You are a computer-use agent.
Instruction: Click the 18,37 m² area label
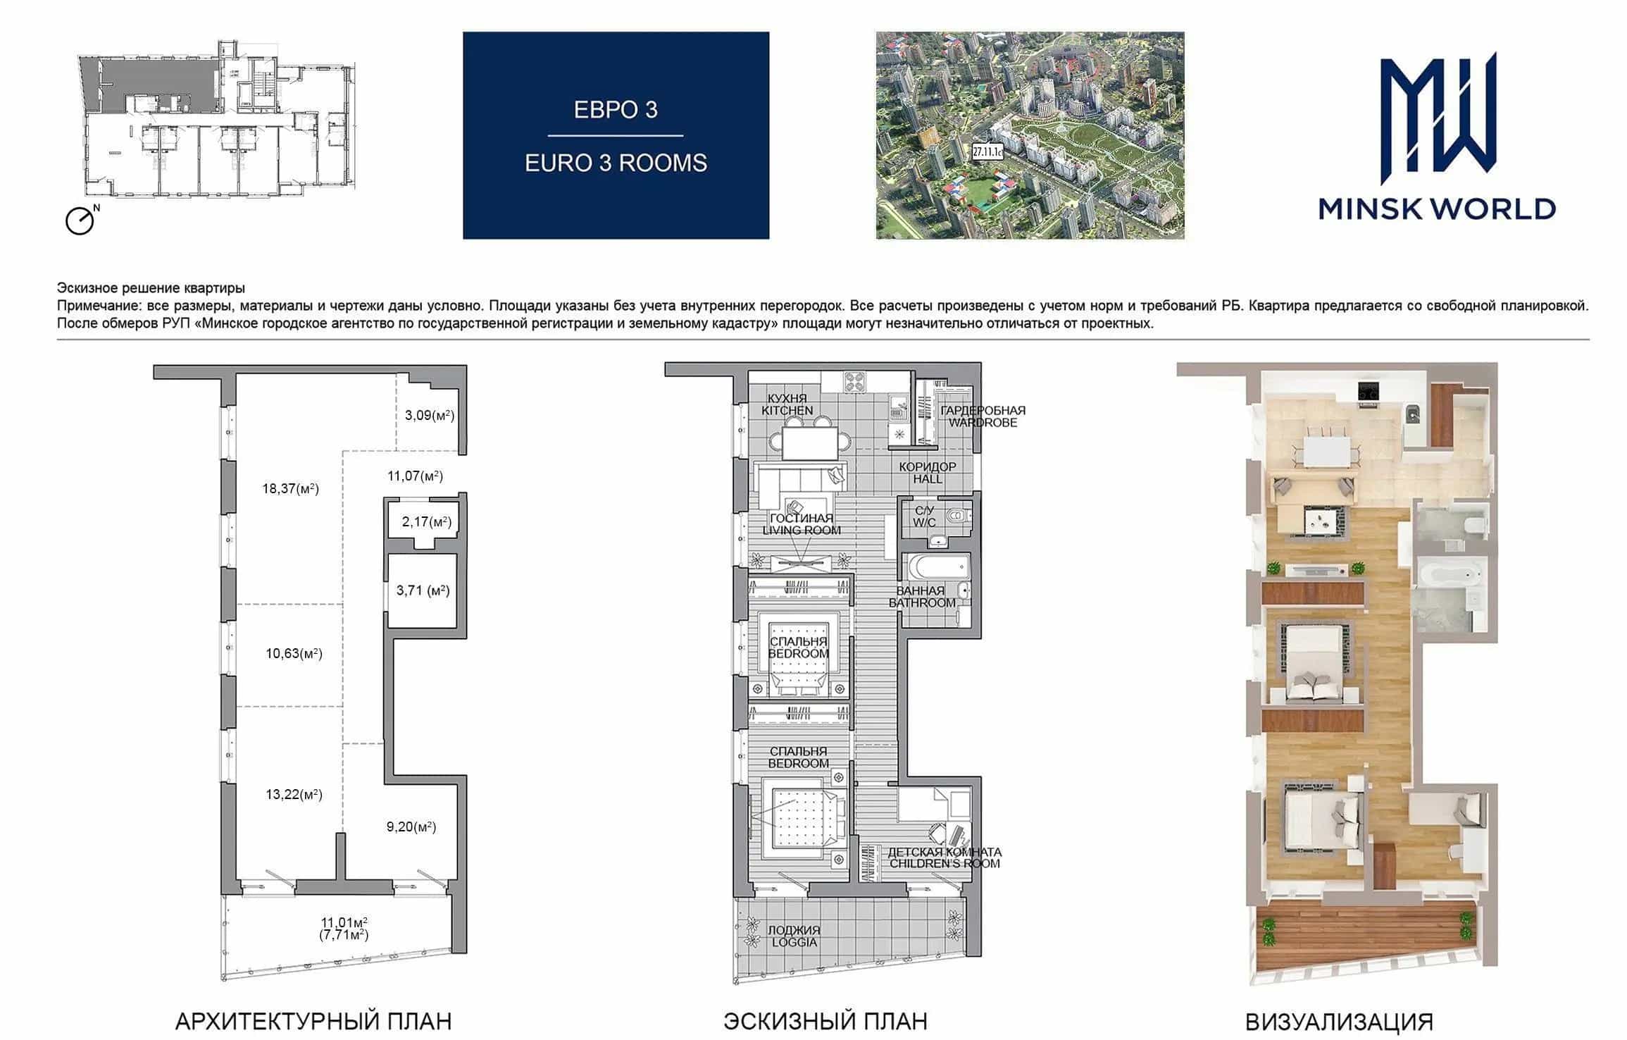(290, 488)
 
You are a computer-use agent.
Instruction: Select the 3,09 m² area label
(430, 415)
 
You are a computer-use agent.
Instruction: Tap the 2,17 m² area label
(427, 522)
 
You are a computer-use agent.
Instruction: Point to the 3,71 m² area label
(423, 590)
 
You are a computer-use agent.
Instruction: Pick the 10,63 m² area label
(294, 653)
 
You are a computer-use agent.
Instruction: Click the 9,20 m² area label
(411, 827)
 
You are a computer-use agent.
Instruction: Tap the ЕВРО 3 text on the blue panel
(616, 110)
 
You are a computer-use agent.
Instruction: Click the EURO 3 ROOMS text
(616, 163)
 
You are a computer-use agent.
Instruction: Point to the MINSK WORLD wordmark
(1437, 209)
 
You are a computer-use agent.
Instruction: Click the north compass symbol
(81, 220)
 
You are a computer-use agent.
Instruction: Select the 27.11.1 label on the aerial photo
(987, 151)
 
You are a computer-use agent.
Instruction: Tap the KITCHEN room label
(787, 410)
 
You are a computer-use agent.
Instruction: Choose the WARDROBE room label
(983, 422)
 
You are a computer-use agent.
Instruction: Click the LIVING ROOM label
(802, 530)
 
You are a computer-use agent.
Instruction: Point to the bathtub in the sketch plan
(936, 568)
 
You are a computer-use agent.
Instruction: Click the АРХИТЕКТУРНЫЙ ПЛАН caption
(313, 1021)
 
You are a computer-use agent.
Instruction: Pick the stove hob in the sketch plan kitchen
(856, 381)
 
